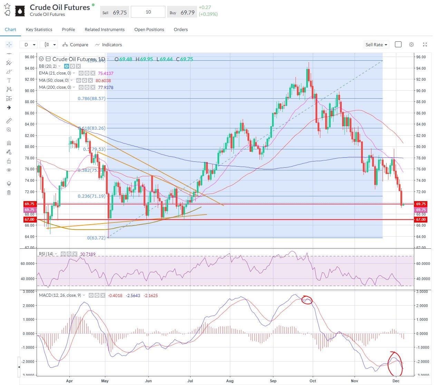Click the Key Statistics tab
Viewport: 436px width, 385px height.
(x=39, y=30)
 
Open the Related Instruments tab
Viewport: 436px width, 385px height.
(x=105, y=30)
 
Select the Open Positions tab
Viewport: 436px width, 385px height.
(x=149, y=30)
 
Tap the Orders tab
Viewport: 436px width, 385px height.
(x=181, y=30)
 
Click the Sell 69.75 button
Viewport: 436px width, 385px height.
(x=115, y=12)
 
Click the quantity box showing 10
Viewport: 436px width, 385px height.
(x=148, y=12)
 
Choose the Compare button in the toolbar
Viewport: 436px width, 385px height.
(x=75, y=45)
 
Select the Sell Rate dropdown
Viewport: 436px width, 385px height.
(x=377, y=45)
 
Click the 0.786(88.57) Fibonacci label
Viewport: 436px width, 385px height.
(x=91, y=98)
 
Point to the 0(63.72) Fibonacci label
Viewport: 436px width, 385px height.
(x=96, y=238)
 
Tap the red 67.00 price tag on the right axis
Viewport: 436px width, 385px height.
(x=421, y=219)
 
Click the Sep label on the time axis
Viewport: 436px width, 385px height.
(x=273, y=381)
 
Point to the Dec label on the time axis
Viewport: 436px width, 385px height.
(x=396, y=381)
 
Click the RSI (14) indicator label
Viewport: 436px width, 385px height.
(x=46, y=254)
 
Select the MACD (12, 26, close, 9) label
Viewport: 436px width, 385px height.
(x=60, y=295)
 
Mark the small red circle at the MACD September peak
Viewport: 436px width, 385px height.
(x=307, y=300)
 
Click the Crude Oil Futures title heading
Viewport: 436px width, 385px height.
(x=60, y=7)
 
